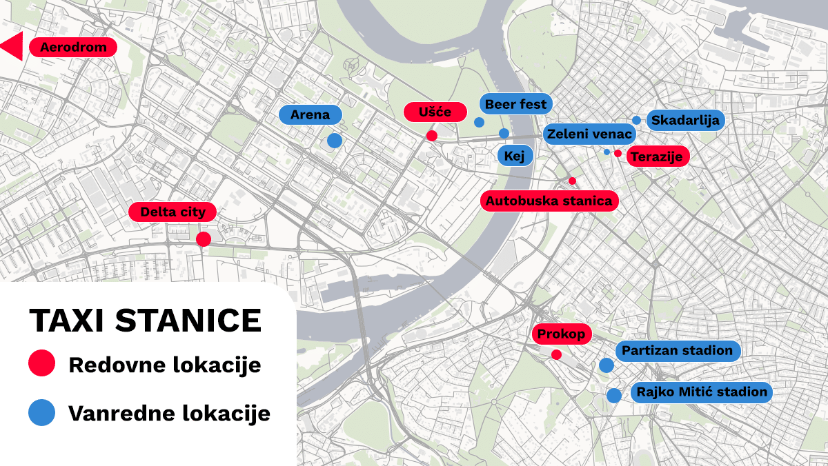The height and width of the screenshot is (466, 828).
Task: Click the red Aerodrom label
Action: (x=73, y=48)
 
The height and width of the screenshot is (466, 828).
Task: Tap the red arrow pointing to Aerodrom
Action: (x=13, y=47)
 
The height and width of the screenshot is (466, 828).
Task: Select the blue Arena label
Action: (x=310, y=114)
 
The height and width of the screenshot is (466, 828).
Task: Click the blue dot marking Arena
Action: (x=335, y=141)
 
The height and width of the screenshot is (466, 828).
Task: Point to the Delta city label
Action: (x=173, y=212)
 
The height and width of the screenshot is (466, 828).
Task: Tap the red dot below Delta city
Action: (x=204, y=239)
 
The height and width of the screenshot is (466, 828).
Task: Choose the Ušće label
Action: (x=435, y=112)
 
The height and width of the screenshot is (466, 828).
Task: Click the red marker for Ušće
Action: (x=432, y=136)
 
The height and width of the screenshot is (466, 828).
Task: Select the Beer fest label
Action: (x=515, y=104)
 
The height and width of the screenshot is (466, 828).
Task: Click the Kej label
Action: (x=515, y=156)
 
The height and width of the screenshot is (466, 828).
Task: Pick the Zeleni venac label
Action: (x=589, y=134)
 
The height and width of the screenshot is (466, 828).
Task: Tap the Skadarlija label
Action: (x=685, y=120)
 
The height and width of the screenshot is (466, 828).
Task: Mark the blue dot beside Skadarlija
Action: (x=636, y=120)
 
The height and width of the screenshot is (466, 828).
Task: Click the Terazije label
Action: (x=658, y=156)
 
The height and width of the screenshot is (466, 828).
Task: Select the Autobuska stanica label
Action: (x=549, y=201)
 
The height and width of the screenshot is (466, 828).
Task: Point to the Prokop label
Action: (x=562, y=334)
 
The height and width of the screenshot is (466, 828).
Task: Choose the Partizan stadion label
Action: (x=677, y=350)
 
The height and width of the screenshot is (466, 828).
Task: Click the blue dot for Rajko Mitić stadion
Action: (x=613, y=396)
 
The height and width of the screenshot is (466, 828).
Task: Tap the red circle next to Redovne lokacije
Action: (x=41, y=364)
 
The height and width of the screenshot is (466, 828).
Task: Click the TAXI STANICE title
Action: (x=146, y=321)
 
